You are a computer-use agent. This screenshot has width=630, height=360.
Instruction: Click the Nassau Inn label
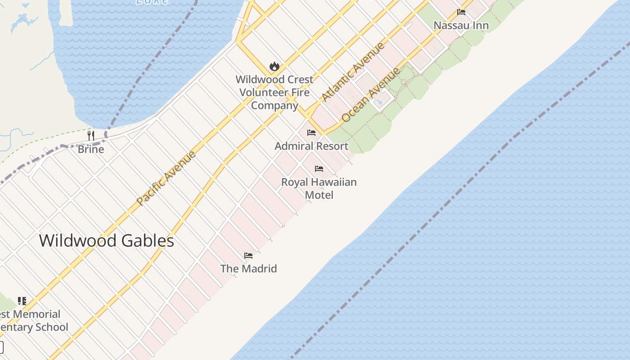pos(461,25)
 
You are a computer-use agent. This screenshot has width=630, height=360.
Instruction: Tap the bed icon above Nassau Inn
pos(461,12)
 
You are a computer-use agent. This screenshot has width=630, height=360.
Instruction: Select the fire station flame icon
pos(274,67)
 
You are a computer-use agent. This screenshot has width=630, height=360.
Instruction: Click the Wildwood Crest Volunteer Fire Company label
pos(274,92)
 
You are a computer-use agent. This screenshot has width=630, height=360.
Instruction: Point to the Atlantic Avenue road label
pos(353,72)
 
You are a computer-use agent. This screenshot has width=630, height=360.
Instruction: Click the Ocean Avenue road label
pos(370,95)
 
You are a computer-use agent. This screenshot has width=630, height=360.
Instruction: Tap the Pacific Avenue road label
pos(166,178)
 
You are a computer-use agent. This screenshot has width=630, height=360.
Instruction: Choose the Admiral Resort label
pos(311,146)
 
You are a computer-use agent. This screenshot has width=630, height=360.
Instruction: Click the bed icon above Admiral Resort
pos(311,133)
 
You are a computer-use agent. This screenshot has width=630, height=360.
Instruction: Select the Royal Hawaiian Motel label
pos(319,188)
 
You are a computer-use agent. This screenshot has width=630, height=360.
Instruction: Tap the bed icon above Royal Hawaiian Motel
pos(319,169)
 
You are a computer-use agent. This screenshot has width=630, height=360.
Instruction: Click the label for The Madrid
pos(248,269)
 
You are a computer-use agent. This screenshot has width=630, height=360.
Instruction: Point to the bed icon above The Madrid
pos(248,256)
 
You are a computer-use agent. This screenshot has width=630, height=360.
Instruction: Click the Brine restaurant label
pos(91,149)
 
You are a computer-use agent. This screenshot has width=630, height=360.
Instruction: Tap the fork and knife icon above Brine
pos(91,135)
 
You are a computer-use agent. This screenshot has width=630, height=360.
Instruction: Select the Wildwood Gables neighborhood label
pos(107,241)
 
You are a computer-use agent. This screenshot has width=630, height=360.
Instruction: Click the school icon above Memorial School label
pos(22,301)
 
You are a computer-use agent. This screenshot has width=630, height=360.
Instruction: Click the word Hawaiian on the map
pos(331,182)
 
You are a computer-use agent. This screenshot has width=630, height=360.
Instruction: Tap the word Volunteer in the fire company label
pos(274,92)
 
